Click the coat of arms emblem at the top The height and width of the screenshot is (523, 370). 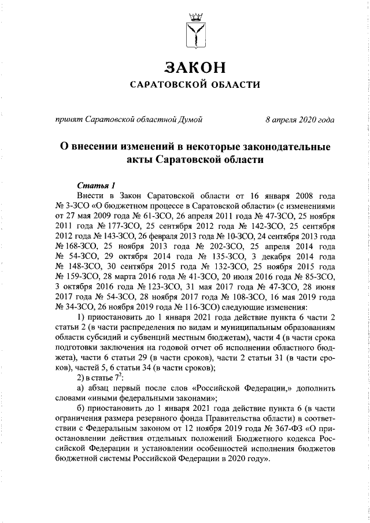coord(194,30)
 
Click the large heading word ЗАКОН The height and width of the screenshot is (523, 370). coord(194,68)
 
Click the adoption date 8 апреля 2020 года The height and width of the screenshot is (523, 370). coord(299,120)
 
